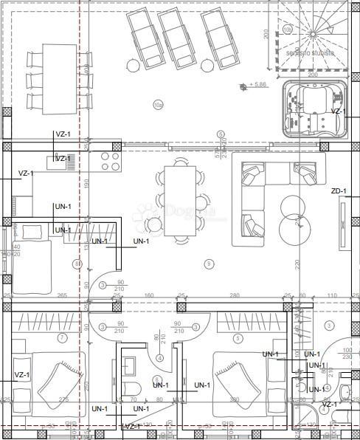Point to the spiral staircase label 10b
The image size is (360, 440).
pos(287,30)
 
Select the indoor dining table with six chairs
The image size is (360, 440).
pos(180,201)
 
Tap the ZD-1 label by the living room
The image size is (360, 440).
pos(339,191)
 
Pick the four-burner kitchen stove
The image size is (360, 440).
pos(110,161)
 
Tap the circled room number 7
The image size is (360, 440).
pos(62,338)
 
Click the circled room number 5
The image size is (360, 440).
pos(237,338)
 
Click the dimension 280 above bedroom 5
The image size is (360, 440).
pos(235,296)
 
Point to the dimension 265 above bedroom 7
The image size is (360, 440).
pos(62,296)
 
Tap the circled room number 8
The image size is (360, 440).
pos(77,264)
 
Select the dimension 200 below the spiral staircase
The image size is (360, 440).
pos(312,75)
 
